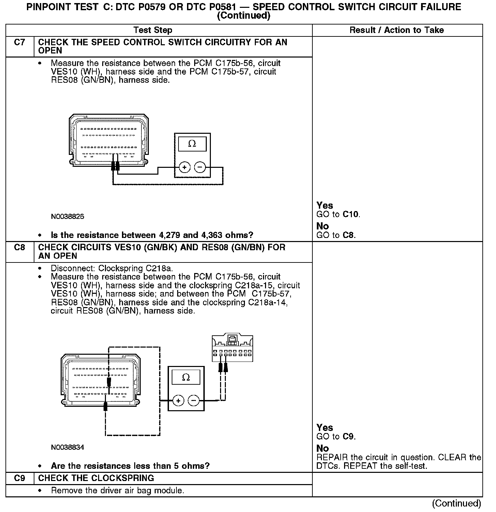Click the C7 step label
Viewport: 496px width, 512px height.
click(20, 43)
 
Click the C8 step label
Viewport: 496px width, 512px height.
click(20, 247)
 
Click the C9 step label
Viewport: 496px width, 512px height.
click(20, 478)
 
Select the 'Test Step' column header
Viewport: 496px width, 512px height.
click(153, 30)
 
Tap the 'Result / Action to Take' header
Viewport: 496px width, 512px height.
click(397, 30)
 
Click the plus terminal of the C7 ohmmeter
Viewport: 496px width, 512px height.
click(184, 167)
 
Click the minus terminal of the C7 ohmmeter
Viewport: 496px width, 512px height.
click(200, 167)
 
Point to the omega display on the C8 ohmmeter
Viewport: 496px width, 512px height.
click(186, 378)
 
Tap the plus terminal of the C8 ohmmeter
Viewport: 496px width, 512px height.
click(178, 401)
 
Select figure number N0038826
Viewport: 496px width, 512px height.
click(67, 217)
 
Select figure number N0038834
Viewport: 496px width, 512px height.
click(67, 447)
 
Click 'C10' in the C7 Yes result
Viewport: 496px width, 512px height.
click(351, 214)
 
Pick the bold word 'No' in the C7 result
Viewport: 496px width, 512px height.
click(323, 226)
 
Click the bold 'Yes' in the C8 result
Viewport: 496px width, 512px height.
click(325, 428)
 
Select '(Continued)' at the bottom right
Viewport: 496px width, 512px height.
click(456, 503)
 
